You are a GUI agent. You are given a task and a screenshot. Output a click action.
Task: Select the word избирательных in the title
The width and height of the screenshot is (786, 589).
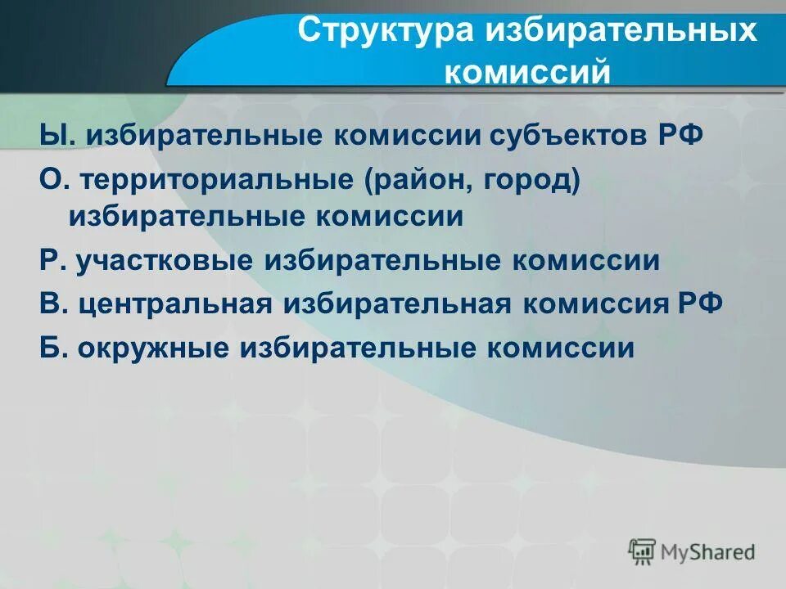click(x=621, y=32)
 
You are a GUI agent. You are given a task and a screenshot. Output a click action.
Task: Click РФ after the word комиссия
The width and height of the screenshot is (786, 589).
click(x=701, y=303)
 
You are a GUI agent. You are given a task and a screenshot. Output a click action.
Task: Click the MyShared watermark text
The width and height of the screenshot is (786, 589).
click(x=709, y=551)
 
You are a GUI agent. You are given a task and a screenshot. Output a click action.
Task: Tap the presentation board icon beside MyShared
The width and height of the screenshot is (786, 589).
click(x=642, y=551)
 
